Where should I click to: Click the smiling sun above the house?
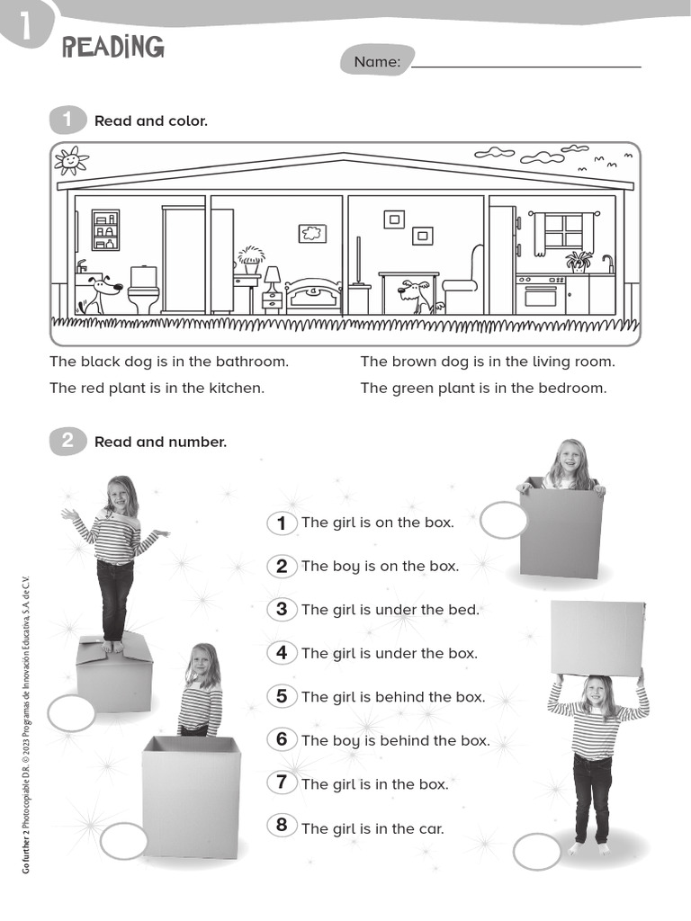point(70,160)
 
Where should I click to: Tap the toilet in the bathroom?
point(143,289)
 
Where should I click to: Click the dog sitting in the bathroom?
point(99,295)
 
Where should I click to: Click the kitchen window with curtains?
point(564,233)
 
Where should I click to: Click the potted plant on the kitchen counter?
point(579,262)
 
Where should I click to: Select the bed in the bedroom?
point(313,296)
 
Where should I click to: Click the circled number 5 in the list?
point(282,697)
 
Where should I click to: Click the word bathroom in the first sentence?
point(252,362)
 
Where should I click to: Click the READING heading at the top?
point(112,47)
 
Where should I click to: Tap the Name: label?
point(377,62)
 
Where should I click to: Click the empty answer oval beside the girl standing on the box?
point(71,713)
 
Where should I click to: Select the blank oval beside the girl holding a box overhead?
point(537,851)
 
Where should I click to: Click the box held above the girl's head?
point(597,638)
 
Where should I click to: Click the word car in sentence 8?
point(431,828)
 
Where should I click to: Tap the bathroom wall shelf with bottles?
point(106,229)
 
